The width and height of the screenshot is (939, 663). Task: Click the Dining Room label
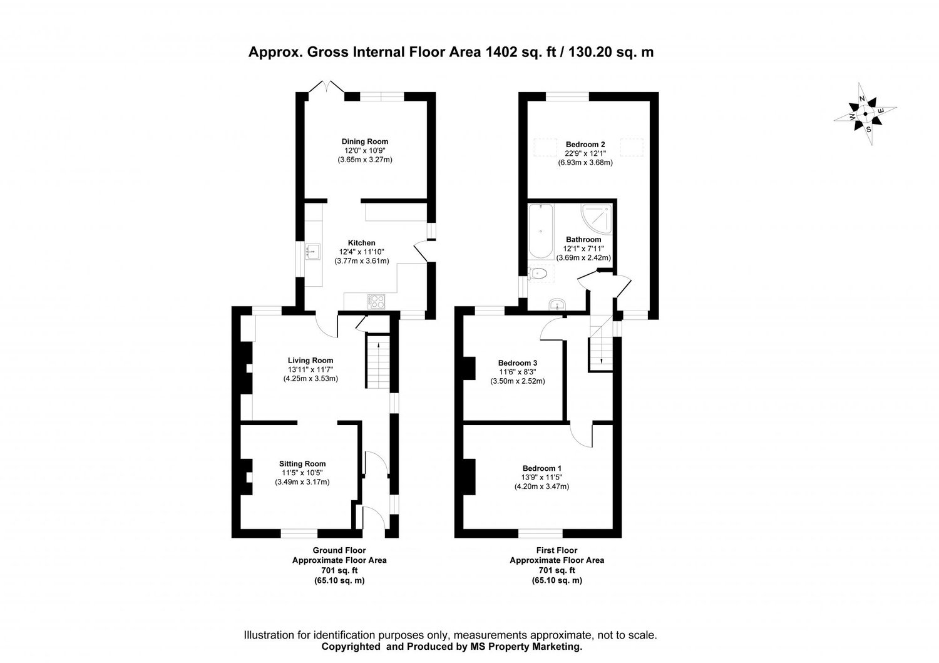pyautogui.click(x=365, y=141)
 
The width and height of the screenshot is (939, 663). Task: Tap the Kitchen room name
pyautogui.click(x=361, y=243)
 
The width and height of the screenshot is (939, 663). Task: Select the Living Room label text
pyautogui.click(x=310, y=360)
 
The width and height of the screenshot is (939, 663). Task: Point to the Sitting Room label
pyautogui.click(x=302, y=464)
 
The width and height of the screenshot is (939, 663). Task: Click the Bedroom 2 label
pyautogui.click(x=585, y=144)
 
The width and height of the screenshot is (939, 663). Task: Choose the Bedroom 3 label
pyautogui.click(x=517, y=362)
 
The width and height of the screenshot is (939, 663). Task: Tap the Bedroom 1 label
pyautogui.click(x=541, y=468)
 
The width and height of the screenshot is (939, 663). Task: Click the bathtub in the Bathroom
pyautogui.click(x=541, y=231)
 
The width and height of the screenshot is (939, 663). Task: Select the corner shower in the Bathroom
pyautogui.click(x=596, y=218)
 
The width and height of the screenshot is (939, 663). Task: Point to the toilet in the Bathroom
pyautogui.click(x=538, y=274)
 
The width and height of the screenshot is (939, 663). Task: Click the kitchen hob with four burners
pyautogui.click(x=377, y=302)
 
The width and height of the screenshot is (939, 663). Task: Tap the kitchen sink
pyautogui.click(x=313, y=251)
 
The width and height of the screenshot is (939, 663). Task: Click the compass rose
pyautogui.click(x=865, y=114)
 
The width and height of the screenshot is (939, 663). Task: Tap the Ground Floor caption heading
pyautogui.click(x=339, y=550)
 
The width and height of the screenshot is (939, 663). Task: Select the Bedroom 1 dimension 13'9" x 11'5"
pyautogui.click(x=541, y=477)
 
